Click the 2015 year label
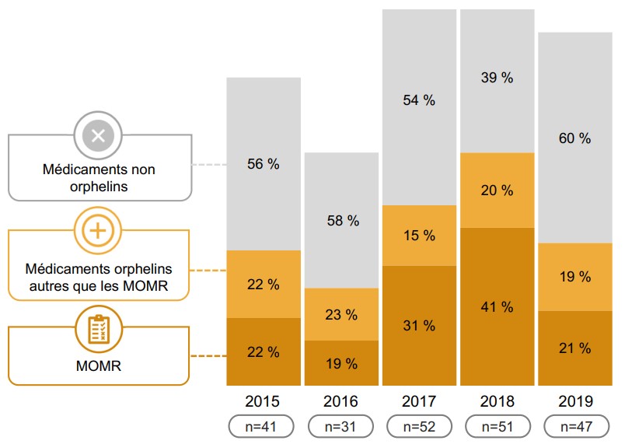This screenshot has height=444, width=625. (x=264, y=402)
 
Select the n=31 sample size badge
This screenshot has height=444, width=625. (x=341, y=426)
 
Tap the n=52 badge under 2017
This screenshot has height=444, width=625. (x=419, y=426)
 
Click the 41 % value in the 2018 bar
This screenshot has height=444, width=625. (x=497, y=307)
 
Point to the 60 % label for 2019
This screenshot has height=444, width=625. (x=574, y=138)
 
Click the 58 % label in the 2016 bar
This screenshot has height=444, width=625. (x=341, y=221)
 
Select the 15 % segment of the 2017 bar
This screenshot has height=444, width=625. (x=419, y=235)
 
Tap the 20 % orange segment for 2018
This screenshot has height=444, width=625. (x=497, y=191)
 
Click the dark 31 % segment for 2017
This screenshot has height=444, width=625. (x=419, y=326)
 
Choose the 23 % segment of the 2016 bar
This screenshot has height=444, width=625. (x=341, y=315)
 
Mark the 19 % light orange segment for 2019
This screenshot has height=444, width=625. (x=574, y=277)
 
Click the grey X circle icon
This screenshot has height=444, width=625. (x=99, y=137)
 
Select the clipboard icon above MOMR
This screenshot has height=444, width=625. (x=99, y=330)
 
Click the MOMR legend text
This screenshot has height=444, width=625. (x=99, y=365)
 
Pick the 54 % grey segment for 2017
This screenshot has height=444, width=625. (x=419, y=101)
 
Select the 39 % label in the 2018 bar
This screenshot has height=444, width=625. (x=497, y=77)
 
